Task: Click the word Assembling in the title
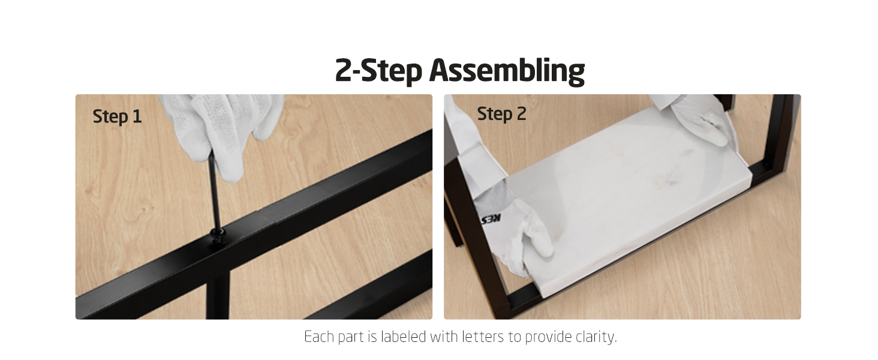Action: [507, 71]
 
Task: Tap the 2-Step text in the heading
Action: [378, 71]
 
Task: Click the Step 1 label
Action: [117, 116]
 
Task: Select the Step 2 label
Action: [501, 114]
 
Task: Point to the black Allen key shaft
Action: [214, 192]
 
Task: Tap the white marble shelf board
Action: [627, 196]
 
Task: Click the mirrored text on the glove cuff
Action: [491, 220]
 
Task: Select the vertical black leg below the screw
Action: [218, 295]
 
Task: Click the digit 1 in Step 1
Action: [137, 116]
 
